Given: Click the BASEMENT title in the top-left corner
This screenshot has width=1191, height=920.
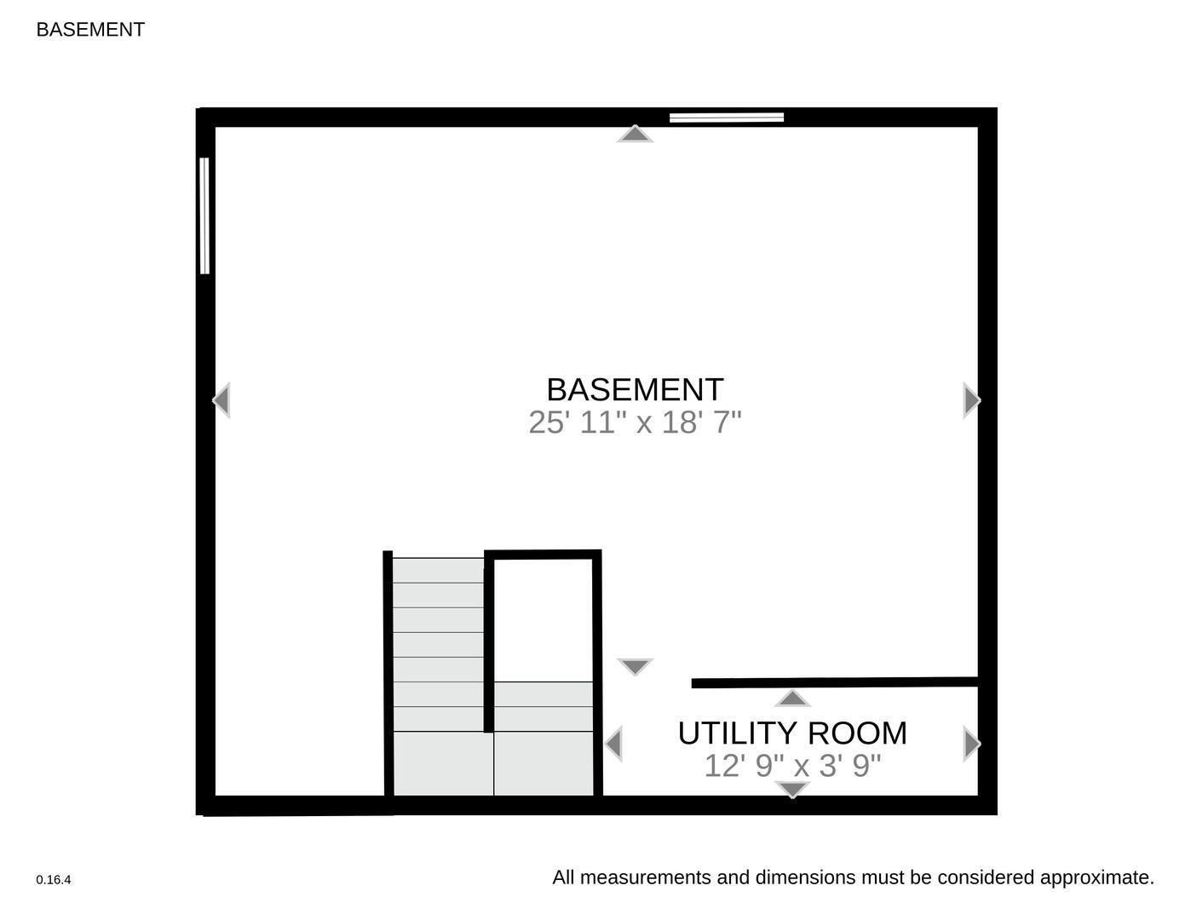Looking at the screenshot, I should [90, 30].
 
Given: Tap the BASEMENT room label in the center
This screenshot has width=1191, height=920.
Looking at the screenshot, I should [635, 389].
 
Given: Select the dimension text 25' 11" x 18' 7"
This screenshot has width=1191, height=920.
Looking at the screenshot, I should [635, 423].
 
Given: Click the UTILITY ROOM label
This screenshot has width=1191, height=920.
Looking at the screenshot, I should [791, 733].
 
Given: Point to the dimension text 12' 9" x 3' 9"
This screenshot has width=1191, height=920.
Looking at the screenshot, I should [791, 766].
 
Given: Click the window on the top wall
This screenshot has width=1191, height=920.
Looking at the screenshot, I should [726, 118].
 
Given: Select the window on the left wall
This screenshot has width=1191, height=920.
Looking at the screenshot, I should [204, 216].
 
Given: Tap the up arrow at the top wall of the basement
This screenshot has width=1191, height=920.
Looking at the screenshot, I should [635, 134].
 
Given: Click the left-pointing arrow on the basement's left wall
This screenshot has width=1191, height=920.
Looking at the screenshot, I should [222, 400].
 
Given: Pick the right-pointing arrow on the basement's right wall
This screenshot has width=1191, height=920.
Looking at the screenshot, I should [971, 400].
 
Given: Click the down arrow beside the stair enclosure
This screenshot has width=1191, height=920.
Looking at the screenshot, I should [635, 666].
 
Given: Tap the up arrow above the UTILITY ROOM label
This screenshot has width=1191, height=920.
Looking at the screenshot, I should [792, 699].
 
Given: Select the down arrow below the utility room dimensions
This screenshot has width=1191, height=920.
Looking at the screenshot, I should [792, 790].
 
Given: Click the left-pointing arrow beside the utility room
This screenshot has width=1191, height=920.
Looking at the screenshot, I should [613, 744].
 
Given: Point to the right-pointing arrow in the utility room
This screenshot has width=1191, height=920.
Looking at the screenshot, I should [971, 744].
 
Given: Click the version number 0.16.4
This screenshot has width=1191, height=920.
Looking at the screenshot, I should [54, 880].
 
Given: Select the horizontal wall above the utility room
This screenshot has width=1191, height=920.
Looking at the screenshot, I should [835, 682].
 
